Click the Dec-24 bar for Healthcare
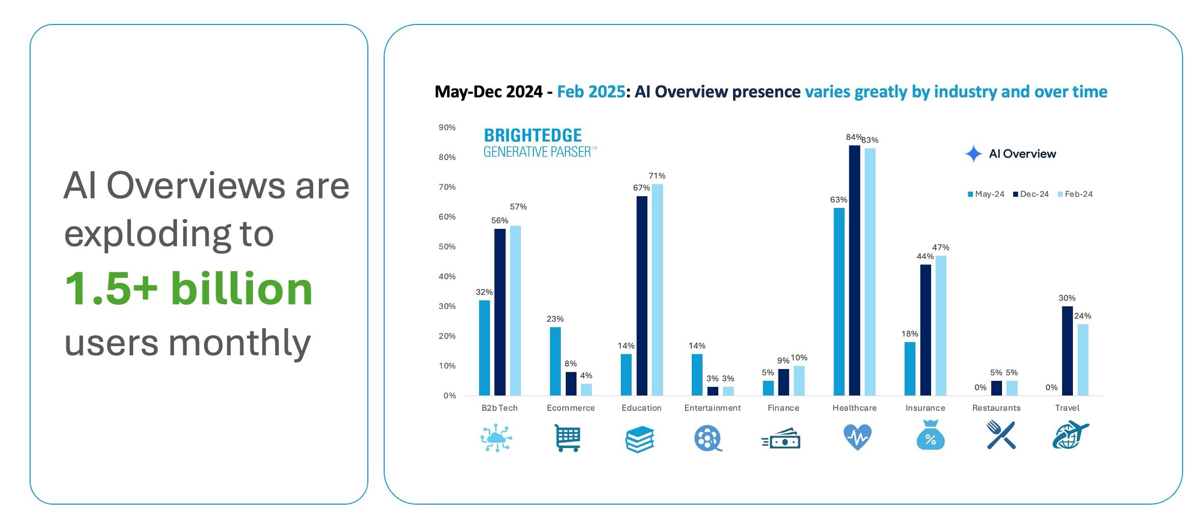[854, 270]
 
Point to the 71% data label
[657, 176]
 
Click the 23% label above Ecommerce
[555, 319]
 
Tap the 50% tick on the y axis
[447, 247]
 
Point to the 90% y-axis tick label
[447, 127]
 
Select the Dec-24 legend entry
[1031, 194]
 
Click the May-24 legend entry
[986, 194]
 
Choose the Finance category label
[783, 408]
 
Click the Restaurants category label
[996, 408]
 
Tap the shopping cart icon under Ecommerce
[568, 437]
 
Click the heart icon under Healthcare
[857, 437]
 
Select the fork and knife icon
[1000, 435]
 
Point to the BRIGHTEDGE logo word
[533, 136]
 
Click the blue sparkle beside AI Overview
[973, 153]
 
